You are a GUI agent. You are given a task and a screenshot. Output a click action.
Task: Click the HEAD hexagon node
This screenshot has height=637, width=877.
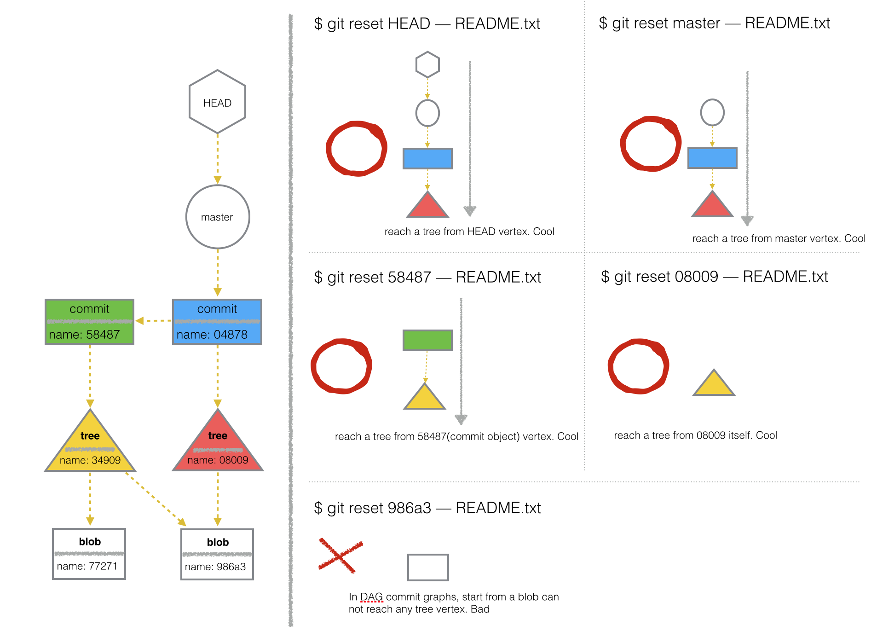tap(217, 102)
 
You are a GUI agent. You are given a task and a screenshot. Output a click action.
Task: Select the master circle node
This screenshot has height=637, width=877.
tap(218, 217)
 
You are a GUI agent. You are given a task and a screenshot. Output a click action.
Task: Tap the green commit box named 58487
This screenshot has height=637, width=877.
tap(89, 322)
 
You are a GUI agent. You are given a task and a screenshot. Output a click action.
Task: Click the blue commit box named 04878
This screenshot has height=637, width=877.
tap(217, 322)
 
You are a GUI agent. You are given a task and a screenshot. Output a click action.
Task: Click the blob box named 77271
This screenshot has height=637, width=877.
tap(89, 554)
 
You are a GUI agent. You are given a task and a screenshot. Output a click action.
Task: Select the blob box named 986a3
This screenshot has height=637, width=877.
tap(217, 554)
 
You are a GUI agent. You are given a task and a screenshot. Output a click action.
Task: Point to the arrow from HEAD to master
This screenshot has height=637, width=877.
tap(218, 159)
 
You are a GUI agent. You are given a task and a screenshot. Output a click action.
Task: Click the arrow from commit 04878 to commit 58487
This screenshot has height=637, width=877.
tap(153, 321)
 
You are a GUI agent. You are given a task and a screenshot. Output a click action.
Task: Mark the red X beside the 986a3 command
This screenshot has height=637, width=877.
tap(340, 556)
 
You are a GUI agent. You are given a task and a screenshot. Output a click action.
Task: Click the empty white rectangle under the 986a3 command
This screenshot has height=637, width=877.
tap(428, 568)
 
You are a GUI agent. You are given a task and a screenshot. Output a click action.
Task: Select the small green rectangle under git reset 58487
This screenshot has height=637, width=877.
tap(427, 340)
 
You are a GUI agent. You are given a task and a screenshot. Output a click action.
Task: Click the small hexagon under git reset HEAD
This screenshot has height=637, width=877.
tap(427, 64)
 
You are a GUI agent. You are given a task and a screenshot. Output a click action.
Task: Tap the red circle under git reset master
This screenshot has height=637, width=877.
tap(650, 144)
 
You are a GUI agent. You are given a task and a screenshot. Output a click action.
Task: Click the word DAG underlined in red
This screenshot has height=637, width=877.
tap(371, 597)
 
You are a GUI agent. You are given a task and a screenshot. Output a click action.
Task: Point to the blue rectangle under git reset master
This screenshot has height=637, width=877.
tap(712, 158)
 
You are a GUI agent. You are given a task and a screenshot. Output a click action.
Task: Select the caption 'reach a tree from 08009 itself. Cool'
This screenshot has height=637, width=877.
tap(695, 435)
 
